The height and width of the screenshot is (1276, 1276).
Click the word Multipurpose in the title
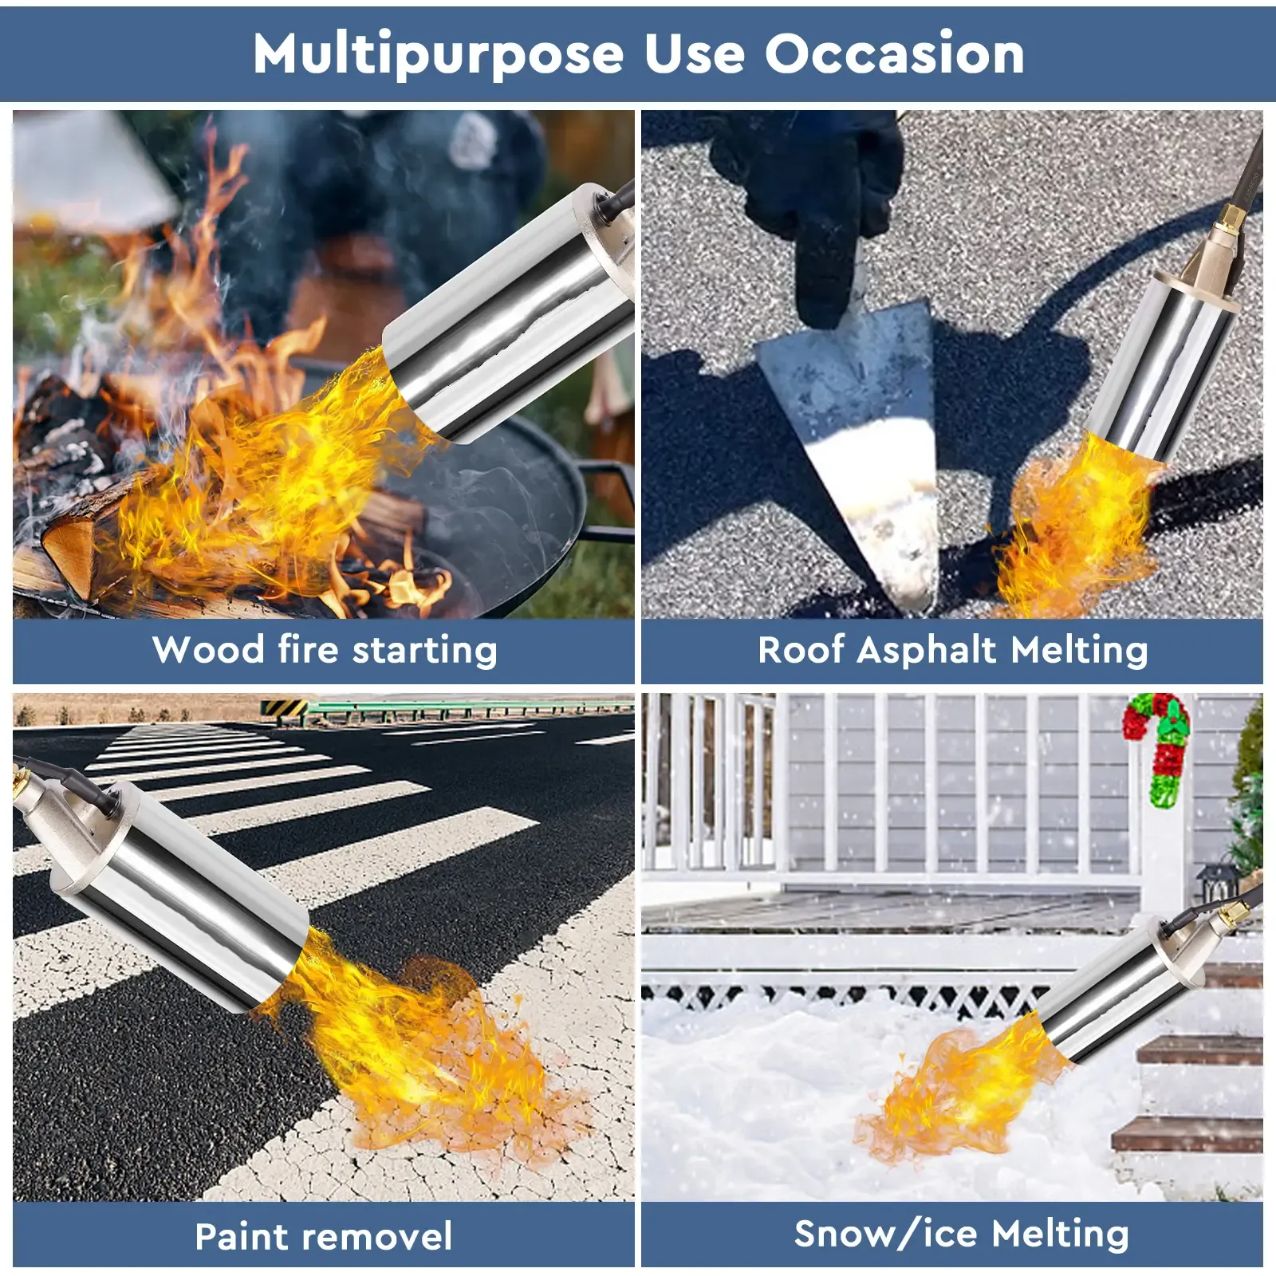(438, 54)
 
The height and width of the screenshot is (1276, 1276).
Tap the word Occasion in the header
(894, 54)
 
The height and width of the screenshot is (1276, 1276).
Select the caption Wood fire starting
(324, 649)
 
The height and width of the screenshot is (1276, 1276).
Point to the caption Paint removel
(324, 1236)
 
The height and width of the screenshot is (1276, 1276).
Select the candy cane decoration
(1160, 746)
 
